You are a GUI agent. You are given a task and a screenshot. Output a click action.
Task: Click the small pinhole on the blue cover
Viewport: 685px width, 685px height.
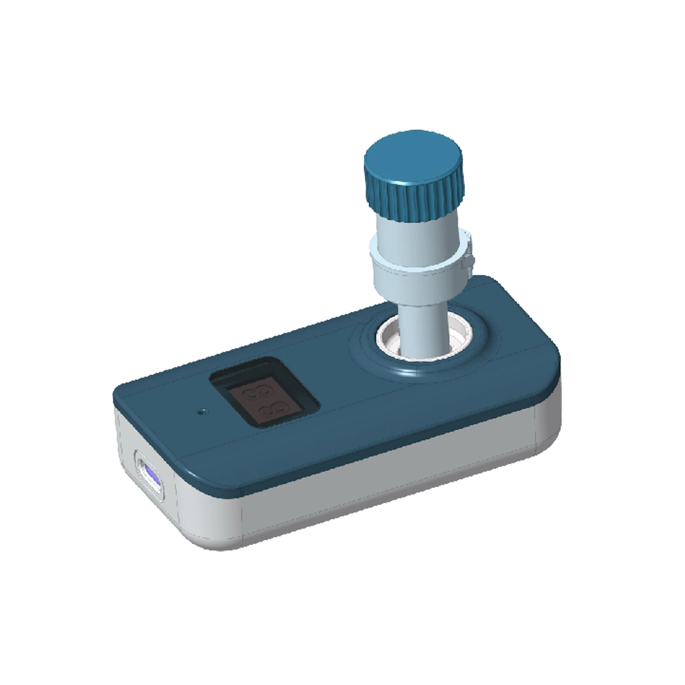202,411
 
